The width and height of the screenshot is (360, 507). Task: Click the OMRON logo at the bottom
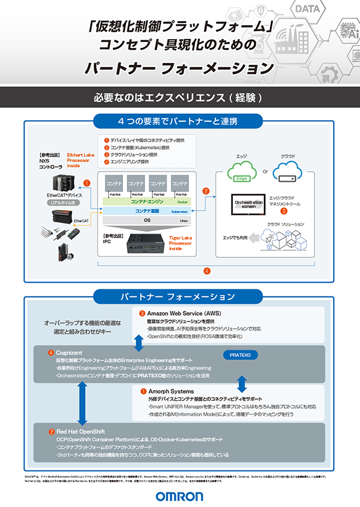click(x=179, y=496)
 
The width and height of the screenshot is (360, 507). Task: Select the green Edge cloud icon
click(x=241, y=171)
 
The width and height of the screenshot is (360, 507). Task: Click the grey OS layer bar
click(x=147, y=221)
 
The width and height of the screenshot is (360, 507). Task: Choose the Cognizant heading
click(x=71, y=352)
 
